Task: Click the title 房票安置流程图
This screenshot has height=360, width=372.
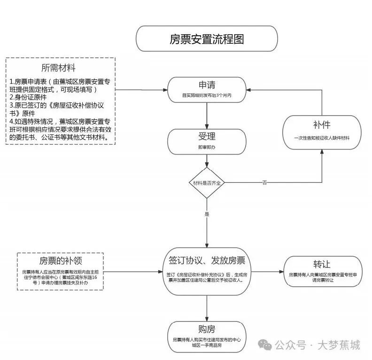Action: pos(207,39)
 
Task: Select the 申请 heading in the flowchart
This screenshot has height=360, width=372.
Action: pos(207,85)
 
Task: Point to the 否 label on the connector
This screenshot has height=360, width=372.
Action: pos(264,182)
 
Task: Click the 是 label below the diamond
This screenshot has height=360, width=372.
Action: pos(207,214)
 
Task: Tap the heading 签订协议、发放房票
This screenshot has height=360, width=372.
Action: pos(207,260)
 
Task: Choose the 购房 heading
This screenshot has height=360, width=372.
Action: pos(207,329)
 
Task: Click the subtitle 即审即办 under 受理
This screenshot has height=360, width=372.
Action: pos(207,147)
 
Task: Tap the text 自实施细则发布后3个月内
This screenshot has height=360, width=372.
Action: pos(207,95)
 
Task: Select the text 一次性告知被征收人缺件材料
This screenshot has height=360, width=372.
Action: pos(322,138)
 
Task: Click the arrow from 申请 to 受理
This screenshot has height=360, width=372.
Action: pos(207,115)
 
